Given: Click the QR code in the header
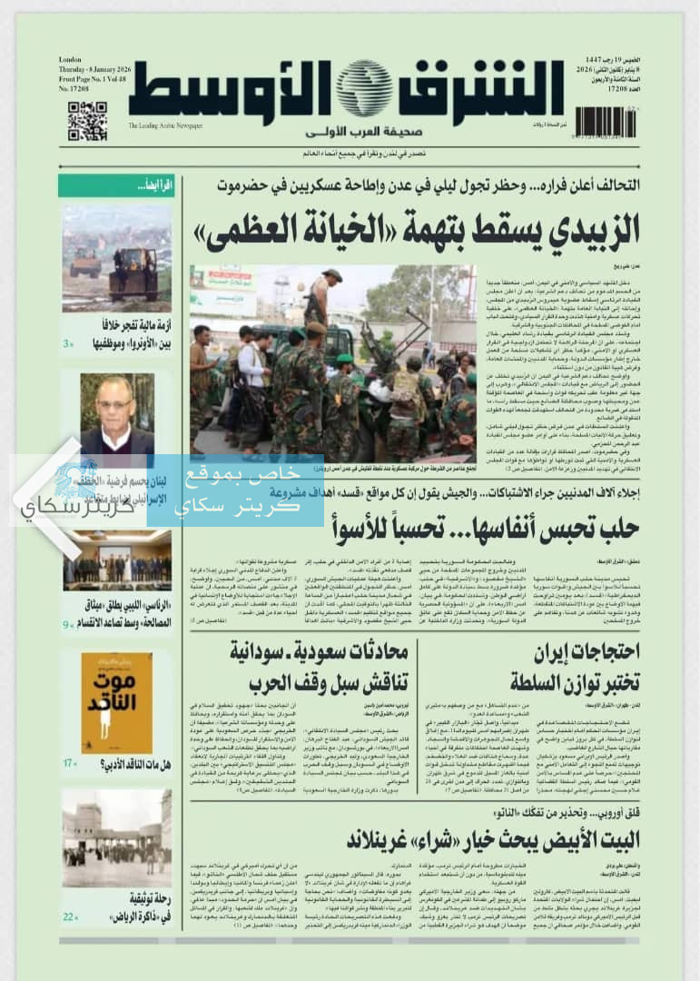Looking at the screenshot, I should point(87,121).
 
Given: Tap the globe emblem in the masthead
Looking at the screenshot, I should point(364,89).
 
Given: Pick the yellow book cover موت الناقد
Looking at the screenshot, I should point(116,702).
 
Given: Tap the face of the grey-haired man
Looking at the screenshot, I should point(114,402).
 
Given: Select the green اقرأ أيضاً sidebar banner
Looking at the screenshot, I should point(115,185).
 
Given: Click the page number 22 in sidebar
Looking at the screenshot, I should point(70,917).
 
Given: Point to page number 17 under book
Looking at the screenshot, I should point(70,763).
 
